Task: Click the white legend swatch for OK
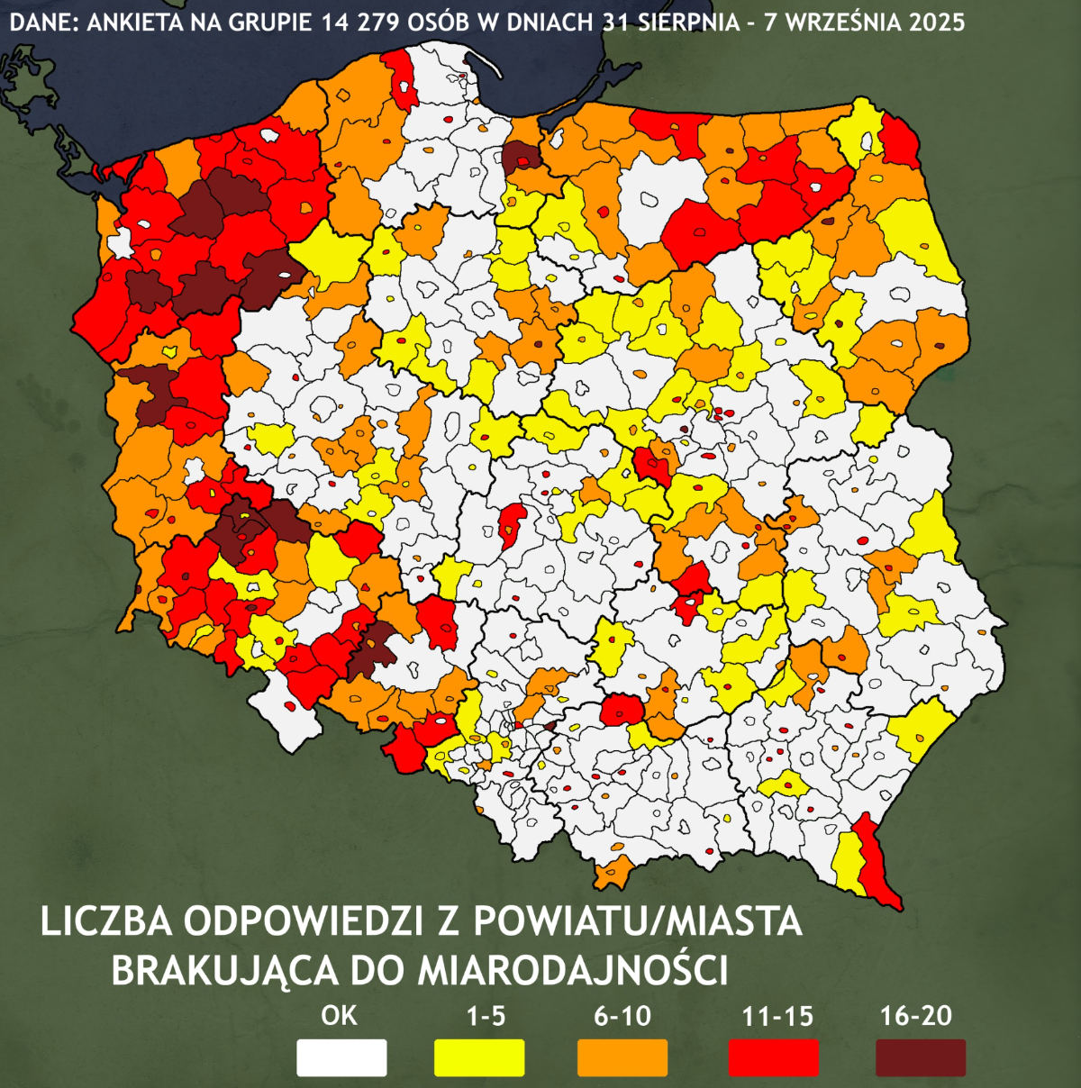(x=341, y=1057)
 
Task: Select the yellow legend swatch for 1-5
(x=479, y=1057)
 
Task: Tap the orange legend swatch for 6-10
(x=622, y=1057)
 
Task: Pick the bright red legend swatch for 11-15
(x=774, y=1057)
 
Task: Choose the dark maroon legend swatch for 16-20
(x=921, y=1057)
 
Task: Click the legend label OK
(x=339, y=1016)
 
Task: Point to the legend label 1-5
(x=486, y=1016)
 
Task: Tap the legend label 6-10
(x=622, y=1016)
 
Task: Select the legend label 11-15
(x=777, y=1017)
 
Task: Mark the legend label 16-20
(x=916, y=1016)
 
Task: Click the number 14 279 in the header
(x=356, y=22)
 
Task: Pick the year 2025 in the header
(x=936, y=22)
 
